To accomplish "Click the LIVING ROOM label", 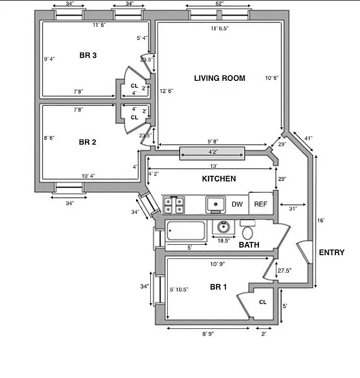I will point(220,78).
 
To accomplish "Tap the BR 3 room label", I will point(88,56).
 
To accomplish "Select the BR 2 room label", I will point(88,142).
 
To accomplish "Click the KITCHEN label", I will point(219,179).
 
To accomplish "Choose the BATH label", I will point(249,245).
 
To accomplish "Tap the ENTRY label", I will point(332,252).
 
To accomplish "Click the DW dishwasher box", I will point(237,204).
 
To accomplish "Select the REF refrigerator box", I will point(261,204).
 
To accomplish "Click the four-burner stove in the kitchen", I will point(173,205).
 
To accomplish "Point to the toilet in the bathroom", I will point(247,230).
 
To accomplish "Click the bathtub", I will point(186,231).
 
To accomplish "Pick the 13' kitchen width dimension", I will point(214,166).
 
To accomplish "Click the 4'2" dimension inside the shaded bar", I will point(212,152).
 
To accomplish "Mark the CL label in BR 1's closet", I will point(263,302).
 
